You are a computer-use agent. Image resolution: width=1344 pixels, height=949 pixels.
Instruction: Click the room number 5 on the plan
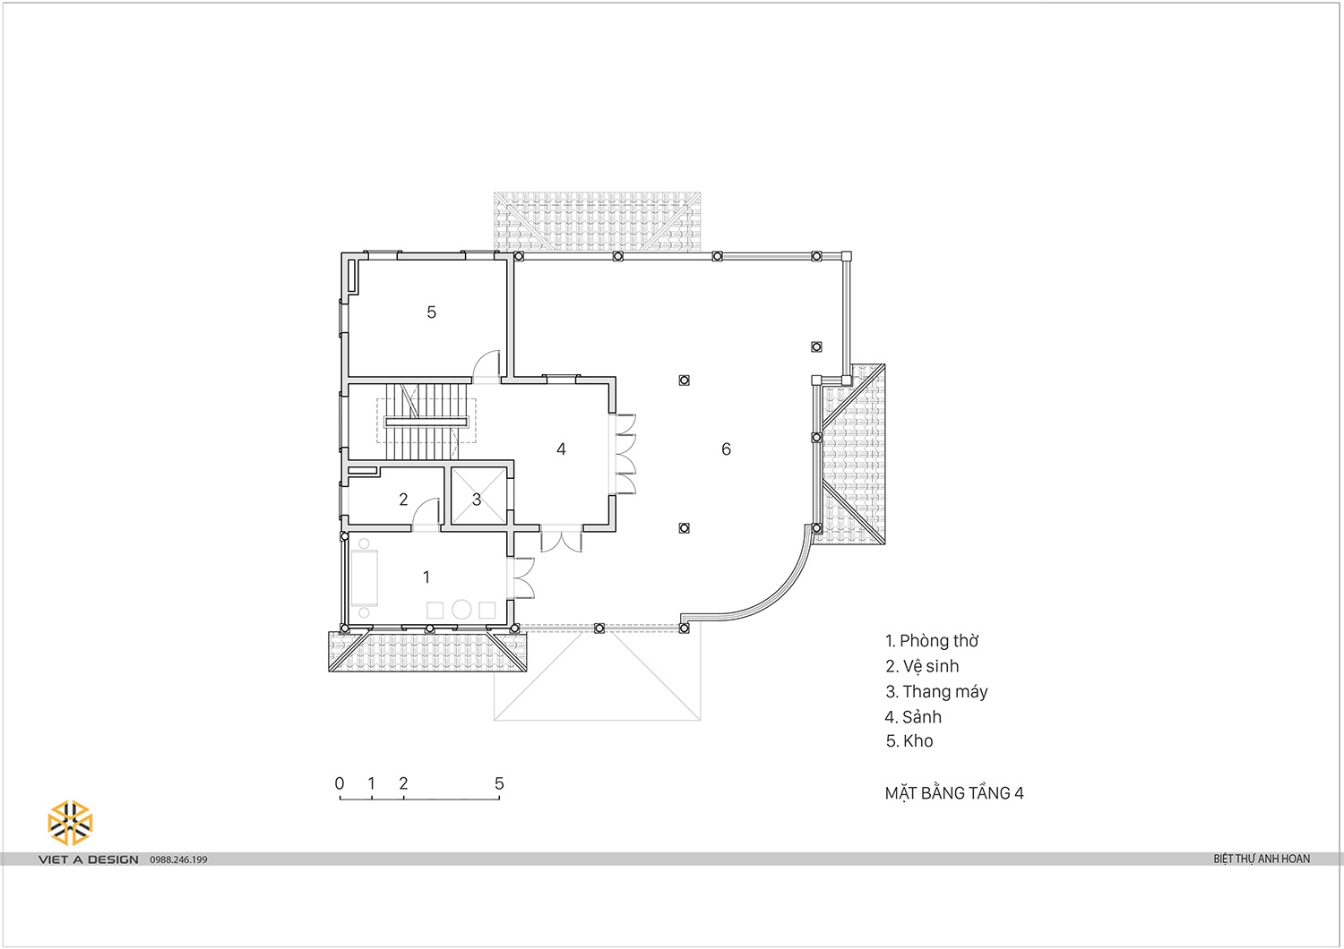coord(431,312)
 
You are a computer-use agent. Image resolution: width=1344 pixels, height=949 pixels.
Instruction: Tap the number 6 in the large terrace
coord(726,449)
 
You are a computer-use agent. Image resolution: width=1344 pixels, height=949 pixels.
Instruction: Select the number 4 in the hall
coord(561,449)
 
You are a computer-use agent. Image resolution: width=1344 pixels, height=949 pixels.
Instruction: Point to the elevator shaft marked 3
coord(478,496)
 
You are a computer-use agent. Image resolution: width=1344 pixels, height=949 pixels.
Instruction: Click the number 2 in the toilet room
coord(403,499)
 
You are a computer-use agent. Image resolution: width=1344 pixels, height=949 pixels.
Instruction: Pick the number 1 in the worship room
coord(426,577)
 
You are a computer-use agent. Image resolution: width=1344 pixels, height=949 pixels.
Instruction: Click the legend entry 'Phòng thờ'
coord(939,641)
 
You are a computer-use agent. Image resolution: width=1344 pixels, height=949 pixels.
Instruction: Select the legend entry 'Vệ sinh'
coord(931,666)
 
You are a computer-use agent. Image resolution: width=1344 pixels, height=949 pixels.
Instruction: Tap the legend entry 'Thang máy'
coord(945,692)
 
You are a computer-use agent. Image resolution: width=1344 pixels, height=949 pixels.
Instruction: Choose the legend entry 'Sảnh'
coord(922,716)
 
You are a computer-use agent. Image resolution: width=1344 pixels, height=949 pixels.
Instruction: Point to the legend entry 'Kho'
coord(918,741)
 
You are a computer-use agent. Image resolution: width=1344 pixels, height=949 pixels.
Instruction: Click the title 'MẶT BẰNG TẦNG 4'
coord(954,793)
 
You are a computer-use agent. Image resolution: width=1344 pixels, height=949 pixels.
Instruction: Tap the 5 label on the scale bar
coord(499,783)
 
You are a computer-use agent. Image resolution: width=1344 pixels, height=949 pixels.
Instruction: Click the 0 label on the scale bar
coord(340,783)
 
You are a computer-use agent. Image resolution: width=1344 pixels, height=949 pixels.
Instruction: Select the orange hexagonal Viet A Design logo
coord(70,823)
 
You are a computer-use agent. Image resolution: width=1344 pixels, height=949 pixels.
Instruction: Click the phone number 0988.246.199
coord(178,859)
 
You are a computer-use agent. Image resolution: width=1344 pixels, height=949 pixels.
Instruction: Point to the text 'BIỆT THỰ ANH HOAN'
coord(1262,859)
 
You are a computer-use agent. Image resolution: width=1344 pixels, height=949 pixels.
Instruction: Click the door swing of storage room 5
coord(487,363)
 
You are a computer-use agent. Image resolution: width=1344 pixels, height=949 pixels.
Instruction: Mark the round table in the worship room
coord(461,609)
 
